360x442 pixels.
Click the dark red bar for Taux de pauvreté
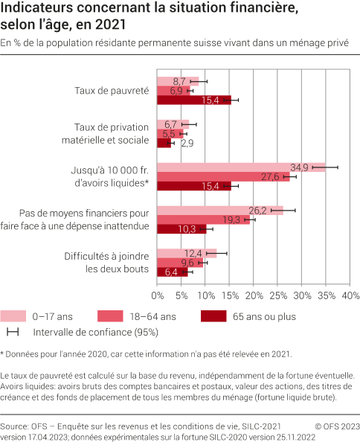pyautogui.click(x=194, y=100)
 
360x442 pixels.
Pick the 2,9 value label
pyautogui.click(x=187, y=142)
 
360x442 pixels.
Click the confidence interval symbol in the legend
pyautogui.click(x=13, y=332)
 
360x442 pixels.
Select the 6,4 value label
pyautogui.click(x=171, y=272)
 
